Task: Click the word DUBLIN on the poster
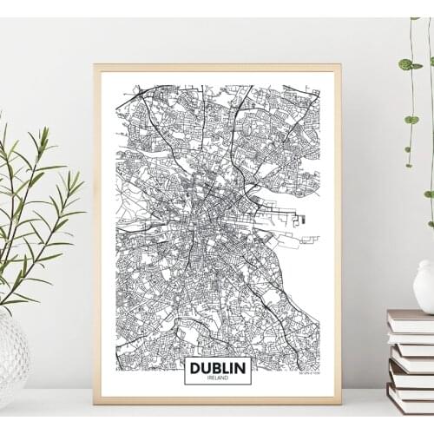click(x=217, y=368)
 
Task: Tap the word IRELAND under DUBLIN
click(x=217, y=378)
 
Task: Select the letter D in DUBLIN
click(x=194, y=368)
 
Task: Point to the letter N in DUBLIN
click(x=241, y=368)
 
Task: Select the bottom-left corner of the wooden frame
click(x=95, y=404)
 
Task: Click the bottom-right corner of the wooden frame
click(x=339, y=404)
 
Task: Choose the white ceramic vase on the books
click(x=424, y=286)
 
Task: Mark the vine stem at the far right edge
click(x=429, y=104)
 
